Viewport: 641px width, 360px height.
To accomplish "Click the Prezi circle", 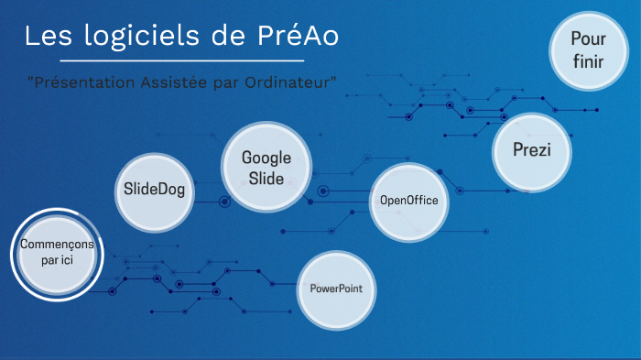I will tap(531, 150).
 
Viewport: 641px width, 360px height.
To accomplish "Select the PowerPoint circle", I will tap(336, 289).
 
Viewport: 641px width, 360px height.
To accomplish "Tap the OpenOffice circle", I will tap(408, 201).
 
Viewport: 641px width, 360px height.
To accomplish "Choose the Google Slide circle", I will tap(266, 167).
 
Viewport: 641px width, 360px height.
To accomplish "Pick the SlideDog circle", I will tap(154, 191).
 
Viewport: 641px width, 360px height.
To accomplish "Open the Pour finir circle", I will tap(588, 49).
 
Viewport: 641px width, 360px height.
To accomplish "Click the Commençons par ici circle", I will tap(56, 253).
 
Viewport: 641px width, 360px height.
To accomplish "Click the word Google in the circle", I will tap(266, 158).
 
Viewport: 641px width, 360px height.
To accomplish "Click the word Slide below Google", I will tap(266, 178).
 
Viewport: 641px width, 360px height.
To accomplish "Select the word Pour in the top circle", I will tap(588, 38).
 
